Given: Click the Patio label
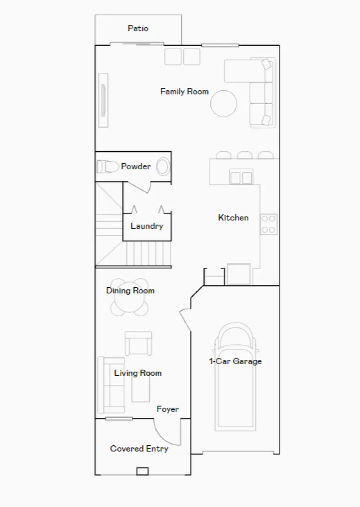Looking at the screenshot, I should (138, 29).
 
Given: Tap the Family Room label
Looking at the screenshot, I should (184, 91).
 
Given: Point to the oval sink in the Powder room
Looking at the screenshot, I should (163, 166).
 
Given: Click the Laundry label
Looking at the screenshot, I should (147, 226).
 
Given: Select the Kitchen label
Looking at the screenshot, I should (233, 218).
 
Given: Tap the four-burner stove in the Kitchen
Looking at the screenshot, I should (269, 224).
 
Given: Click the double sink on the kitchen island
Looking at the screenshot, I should (241, 177).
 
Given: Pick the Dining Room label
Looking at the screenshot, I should (130, 290).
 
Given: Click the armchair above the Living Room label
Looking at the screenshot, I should (138, 343).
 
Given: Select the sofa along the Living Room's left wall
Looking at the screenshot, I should (104, 385).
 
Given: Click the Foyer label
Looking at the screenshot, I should (168, 409).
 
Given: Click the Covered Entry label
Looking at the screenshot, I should (139, 448).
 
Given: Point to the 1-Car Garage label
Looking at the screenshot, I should (236, 361).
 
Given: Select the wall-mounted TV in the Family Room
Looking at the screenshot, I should (103, 100).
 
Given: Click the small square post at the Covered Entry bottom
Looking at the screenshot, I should (142, 471).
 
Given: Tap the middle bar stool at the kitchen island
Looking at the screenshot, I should (244, 155).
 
